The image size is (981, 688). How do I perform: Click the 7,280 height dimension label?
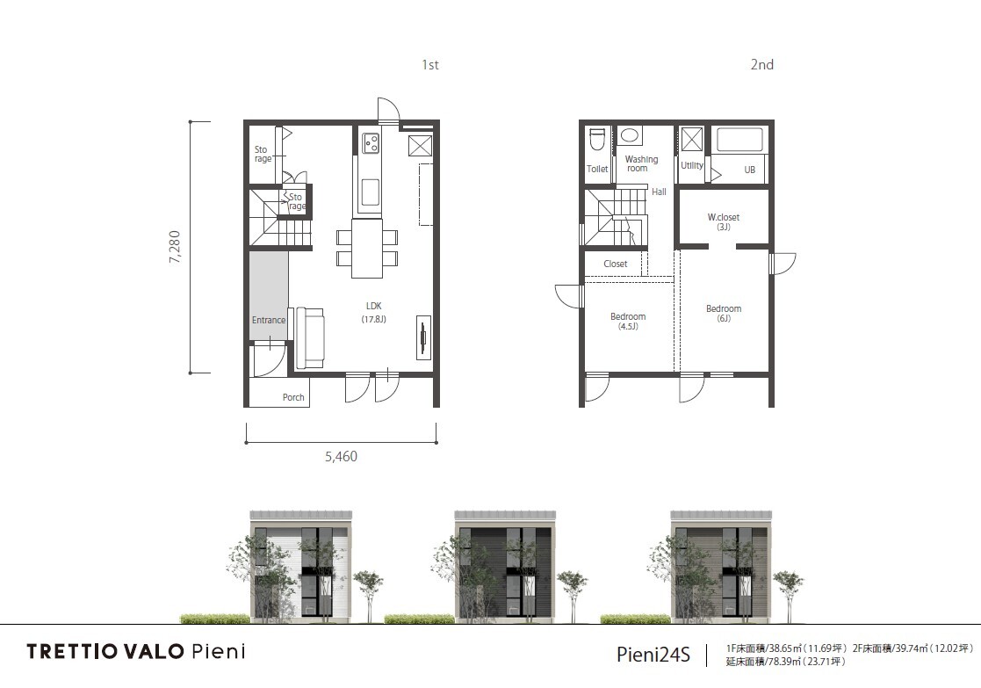[175, 247]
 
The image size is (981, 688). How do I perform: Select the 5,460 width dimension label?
[341, 456]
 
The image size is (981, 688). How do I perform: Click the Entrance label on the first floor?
[269, 320]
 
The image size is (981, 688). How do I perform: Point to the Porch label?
[293, 397]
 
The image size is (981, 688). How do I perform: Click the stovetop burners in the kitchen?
[371, 143]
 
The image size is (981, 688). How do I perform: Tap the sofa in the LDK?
[310, 338]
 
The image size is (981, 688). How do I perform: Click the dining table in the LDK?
[367, 248]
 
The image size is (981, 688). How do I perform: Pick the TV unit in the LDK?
[424, 337]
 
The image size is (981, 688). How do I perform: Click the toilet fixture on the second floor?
[597, 139]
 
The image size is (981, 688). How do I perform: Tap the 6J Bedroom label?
[724, 313]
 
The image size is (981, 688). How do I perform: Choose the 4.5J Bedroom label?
[628, 321]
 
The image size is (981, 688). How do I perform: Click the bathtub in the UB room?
[739, 140]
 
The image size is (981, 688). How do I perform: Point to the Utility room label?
[692, 165]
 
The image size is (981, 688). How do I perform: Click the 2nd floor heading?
[762, 64]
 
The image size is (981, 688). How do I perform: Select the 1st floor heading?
[430, 64]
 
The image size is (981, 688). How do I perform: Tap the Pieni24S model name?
[653, 655]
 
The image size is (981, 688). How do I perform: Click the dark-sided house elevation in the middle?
[505, 567]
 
